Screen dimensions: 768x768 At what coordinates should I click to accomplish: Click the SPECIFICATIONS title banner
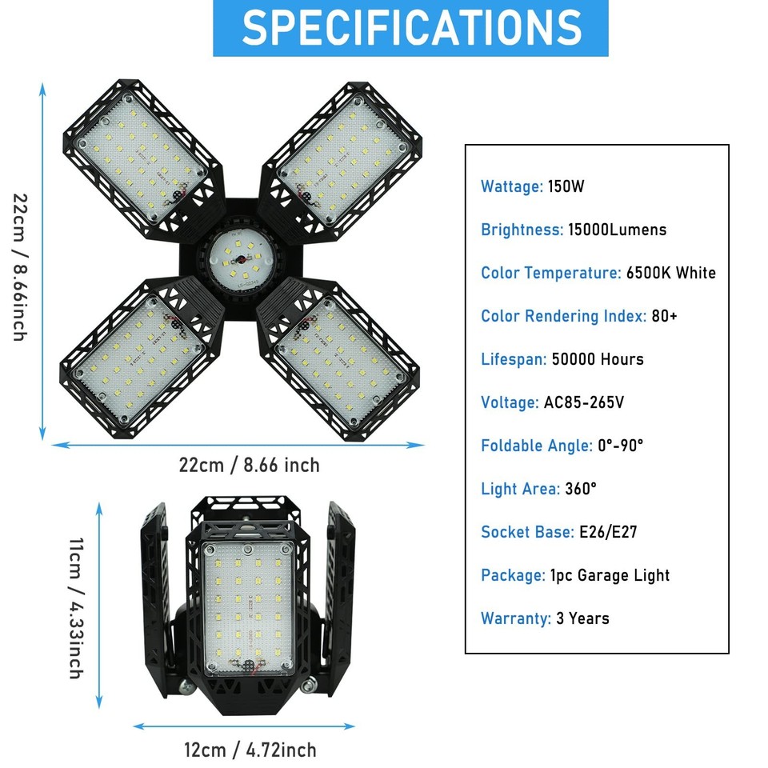(410, 28)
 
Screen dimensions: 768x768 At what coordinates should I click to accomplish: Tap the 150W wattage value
(566, 187)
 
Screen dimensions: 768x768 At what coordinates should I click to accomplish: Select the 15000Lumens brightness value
(617, 230)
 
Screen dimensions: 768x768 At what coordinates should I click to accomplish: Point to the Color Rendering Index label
(563, 316)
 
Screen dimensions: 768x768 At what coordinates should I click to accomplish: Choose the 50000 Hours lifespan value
(598, 359)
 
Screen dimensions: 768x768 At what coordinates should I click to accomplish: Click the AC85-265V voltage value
(584, 402)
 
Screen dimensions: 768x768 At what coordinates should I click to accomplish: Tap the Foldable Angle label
(536, 446)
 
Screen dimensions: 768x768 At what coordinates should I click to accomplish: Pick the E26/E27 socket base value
(608, 532)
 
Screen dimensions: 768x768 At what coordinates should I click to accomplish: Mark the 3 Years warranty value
(583, 618)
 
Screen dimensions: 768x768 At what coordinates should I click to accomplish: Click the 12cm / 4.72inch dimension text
(250, 750)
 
